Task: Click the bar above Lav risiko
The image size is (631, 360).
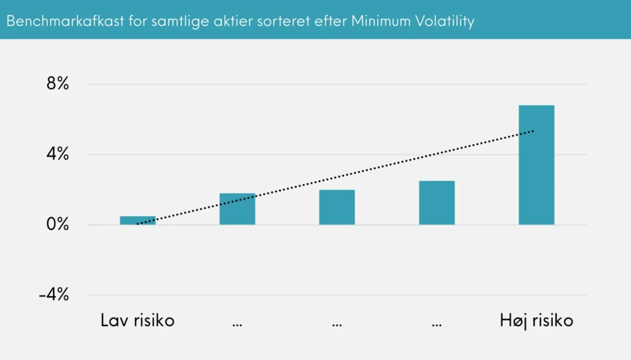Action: coord(137,220)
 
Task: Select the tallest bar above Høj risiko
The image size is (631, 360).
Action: coord(536,165)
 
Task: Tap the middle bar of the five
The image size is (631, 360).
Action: coord(337,207)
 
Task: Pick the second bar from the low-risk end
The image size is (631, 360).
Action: coord(237,209)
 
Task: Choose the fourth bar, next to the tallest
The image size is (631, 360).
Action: coord(437,203)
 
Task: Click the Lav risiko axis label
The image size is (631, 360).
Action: coord(137,321)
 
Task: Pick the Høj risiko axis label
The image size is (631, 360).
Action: coord(536,321)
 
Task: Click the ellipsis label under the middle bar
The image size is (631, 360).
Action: coord(337,323)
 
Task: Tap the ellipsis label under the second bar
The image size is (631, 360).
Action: coord(237,323)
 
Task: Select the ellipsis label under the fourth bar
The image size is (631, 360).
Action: coord(437,323)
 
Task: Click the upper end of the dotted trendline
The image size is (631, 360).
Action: coord(534,131)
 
